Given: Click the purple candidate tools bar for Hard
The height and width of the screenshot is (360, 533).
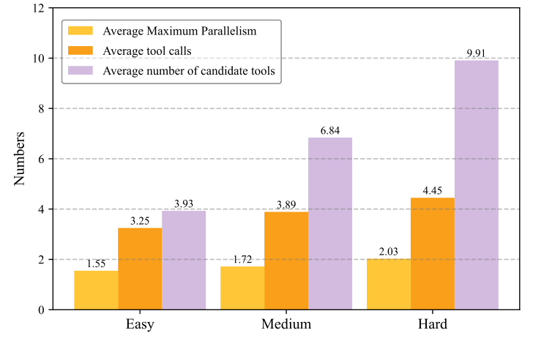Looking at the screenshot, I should [x=476, y=184].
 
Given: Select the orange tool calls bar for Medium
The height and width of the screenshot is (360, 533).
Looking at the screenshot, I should [x=286, y=260].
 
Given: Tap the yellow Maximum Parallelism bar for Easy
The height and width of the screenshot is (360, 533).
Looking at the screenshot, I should [x=96, y=290].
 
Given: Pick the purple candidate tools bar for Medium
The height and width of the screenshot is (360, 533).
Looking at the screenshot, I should [x=329, y=223].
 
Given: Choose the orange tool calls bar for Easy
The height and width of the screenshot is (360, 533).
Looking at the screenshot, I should [x=140, y=269].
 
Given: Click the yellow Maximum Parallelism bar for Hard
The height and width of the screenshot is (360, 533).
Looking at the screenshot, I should [x=388, y=284].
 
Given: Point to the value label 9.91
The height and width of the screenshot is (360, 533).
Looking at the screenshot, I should [x=476, y=53].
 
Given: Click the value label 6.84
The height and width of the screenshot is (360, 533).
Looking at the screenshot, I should [x=329, y=131].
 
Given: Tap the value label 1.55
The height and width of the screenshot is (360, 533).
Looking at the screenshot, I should [x=96, y=264].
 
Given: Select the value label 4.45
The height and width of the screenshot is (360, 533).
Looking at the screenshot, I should [x=432, y=191].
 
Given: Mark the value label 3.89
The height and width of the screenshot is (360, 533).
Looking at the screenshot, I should [x=286, y=205].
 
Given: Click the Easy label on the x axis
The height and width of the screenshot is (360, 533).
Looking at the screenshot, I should [x=140, y=324].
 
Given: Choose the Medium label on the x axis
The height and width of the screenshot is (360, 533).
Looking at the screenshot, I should [x=286, y=324].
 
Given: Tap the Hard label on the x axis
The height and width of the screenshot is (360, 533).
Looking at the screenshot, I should [x=432, y=324].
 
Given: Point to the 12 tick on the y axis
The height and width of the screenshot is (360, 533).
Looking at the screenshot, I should [x=38, y=8].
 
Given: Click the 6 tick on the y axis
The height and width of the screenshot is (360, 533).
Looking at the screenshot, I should [x=41, y=159].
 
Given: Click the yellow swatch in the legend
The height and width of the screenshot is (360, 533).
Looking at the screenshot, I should [x=81, y=31].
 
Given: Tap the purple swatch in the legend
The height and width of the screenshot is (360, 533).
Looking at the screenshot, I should [x=81, y=71].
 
